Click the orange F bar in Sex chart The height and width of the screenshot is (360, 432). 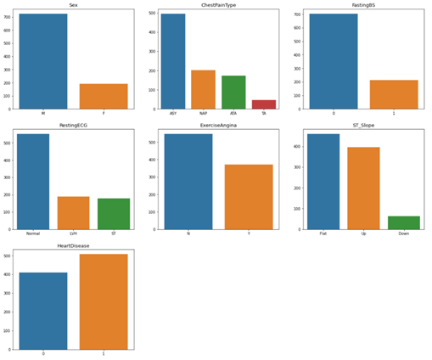coord(104,96)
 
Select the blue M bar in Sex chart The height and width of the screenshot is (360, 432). coord(43,61)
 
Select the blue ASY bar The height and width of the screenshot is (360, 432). coord(173,61)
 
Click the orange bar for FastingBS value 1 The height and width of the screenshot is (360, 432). coord(393,94)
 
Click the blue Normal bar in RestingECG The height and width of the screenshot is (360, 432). coord(34,181)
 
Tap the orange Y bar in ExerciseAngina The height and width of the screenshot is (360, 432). coord(249,196)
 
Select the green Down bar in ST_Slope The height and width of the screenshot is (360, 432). coord(404,222)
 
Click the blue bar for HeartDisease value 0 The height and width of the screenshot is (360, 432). coord(43,311)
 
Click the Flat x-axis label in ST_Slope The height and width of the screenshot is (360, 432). coord(323,233)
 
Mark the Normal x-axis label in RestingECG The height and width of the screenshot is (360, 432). coord(34,233)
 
